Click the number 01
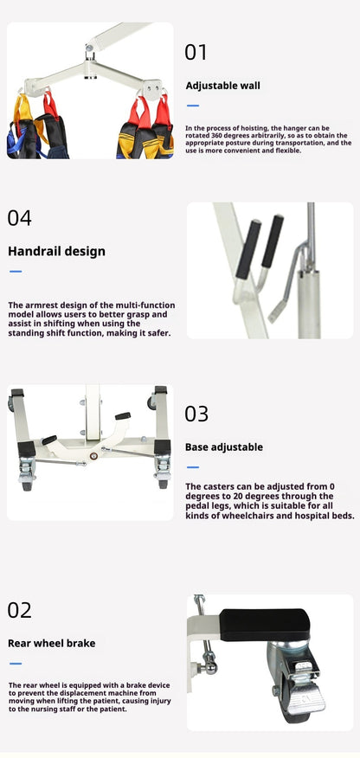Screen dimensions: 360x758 click(x=196, y=52)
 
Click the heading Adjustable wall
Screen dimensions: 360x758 click(x=222, y=86)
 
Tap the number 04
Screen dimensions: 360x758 click(x=19, y=218)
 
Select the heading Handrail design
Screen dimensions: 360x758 click(x=56, y=252)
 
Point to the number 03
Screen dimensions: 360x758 click(x=196, y=414)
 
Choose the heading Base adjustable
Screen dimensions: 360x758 click(x=224, y=447)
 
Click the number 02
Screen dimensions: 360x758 click(x=19, y=610)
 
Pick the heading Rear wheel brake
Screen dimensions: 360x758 click(x=51, y=644)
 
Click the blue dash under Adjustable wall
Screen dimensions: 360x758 click(x=193, y=106)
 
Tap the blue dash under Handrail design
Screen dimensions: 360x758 click(x=16, y=272)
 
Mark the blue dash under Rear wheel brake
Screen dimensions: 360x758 click(x=16, y=664)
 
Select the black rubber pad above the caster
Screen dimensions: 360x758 click(x=264, y=625)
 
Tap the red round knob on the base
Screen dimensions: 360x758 click(x=93, y=455)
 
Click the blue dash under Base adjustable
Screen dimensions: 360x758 click(x=193, y=467)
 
